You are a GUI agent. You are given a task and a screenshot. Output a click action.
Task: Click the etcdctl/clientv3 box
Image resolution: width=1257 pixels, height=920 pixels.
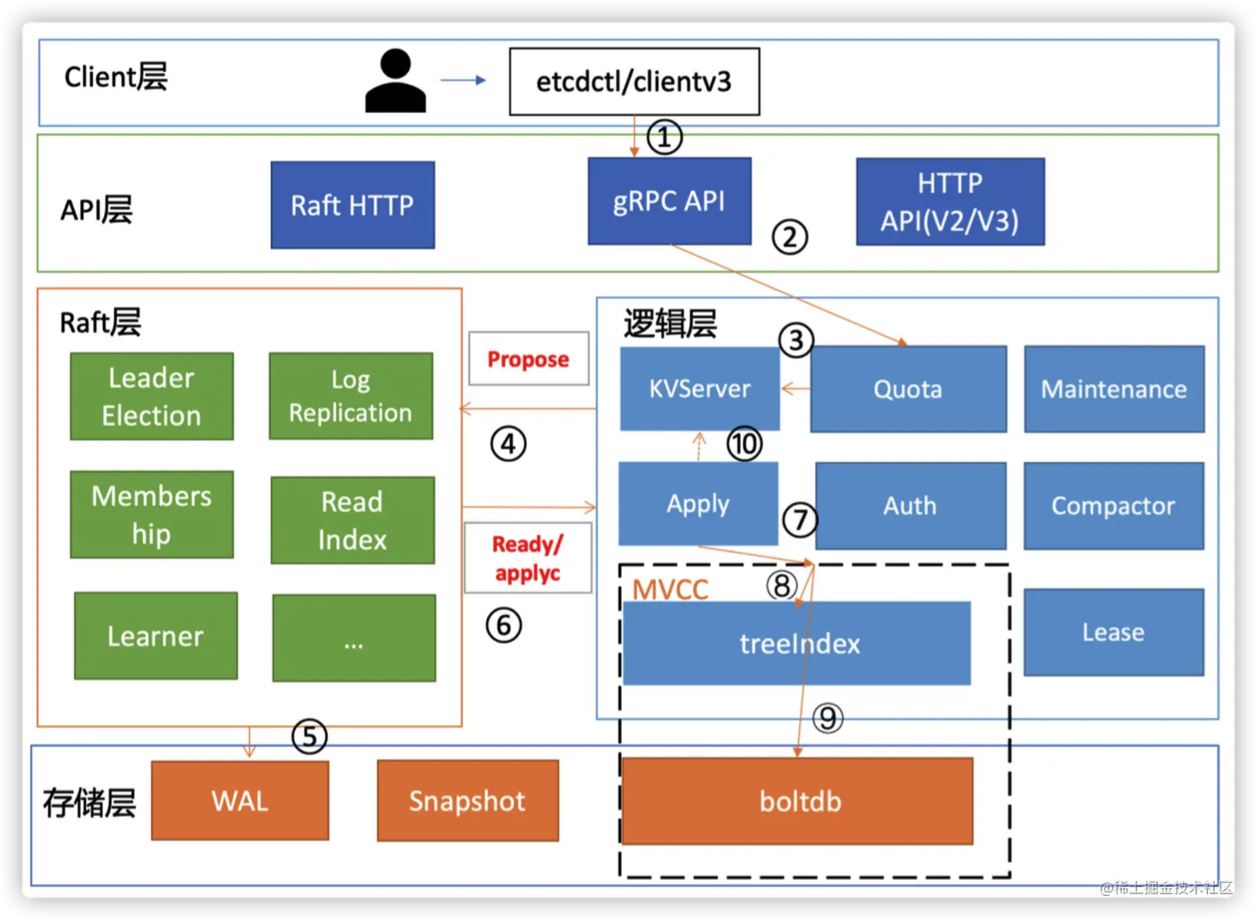pyautogui.click(x=633, y=81)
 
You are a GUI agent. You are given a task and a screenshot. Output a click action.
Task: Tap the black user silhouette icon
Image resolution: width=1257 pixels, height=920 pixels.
pyautogui.click(x=396, y=81)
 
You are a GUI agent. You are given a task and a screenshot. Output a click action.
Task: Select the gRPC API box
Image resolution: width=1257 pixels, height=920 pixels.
pyautogui.click(x=669, y=201)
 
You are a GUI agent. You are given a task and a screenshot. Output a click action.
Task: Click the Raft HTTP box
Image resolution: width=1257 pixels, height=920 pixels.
pyautogui.click(x=352, y=205)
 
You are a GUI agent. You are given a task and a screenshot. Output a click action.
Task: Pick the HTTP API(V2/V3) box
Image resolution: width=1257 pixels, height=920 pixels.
pyautogui.click(x=950, y=202)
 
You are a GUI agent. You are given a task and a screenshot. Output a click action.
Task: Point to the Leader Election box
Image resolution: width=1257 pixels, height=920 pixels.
pyautogui.click(x=151, y=396)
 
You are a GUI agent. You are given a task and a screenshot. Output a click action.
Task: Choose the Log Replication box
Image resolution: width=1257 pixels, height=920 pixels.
pyautogui.click(x=351, y=396)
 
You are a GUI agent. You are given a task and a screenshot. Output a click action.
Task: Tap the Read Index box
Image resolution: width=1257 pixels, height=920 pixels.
pyautogui.click(x=352, y=520)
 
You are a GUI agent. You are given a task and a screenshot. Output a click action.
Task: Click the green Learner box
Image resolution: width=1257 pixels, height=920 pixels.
pyautogui.click(x=155, y=636)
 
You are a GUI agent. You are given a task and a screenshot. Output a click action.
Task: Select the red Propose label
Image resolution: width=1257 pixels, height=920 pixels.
pyautogui.click(x=529, y=359)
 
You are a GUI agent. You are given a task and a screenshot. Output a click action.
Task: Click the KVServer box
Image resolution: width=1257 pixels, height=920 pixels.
pyautogui.click(x=699, y=388)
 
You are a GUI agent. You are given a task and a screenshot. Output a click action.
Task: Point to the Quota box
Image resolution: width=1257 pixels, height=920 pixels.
pyautogui.click(x=908, y=389)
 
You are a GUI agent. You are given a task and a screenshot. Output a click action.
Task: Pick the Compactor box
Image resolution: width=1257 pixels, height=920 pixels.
pyautogui.click(x=1113, y=505)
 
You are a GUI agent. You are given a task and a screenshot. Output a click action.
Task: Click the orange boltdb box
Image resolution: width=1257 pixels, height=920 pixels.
pyautogui.click(x=798, y=801)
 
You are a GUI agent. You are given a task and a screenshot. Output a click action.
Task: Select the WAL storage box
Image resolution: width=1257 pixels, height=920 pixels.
pyautogui.click(x=239, y=800)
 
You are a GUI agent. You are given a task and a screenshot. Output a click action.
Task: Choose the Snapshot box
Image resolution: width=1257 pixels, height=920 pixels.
pyautogui.click(x=467, y=800)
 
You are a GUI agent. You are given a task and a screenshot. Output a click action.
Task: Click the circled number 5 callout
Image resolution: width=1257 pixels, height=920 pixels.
pyautogui.click(x=309, y=736)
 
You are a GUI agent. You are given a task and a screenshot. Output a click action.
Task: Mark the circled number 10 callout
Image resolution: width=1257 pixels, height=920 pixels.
pyautogui.click(x=744, y=444)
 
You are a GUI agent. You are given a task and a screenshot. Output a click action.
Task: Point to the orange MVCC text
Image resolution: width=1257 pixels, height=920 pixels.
pyautogui.click(x=670, y=589)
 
